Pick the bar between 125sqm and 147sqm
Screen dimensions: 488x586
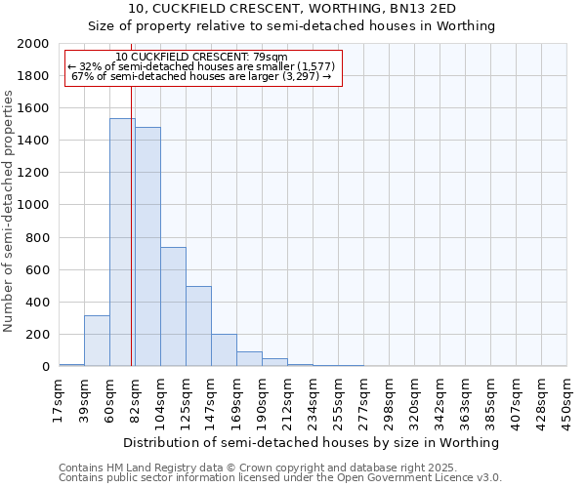(x=198, y=326)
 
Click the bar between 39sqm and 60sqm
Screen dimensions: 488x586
(x=97, y=341)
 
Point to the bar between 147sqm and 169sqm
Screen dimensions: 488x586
(x=224, y=350)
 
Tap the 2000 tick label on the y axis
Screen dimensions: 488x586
(x=33, y=44)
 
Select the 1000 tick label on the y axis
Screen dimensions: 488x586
(x=33, y=206)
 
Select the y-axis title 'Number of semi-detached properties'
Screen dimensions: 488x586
(x=10, y=211)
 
